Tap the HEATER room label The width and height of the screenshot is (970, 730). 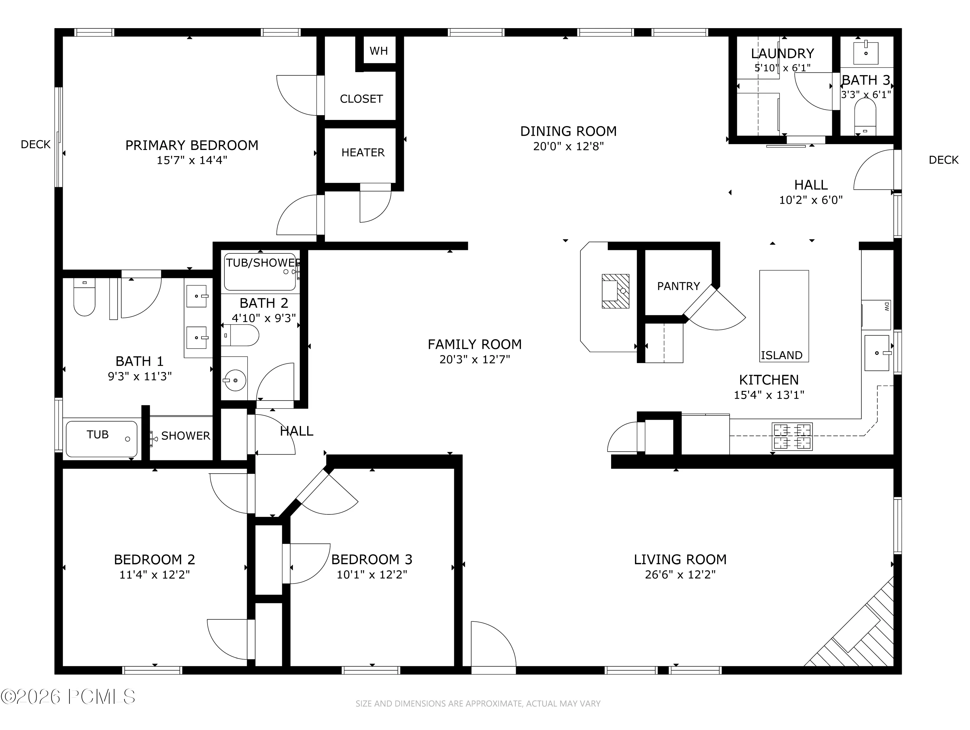pyautogui.click(x=363, y=153)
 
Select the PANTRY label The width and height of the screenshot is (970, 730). pyautogui.click(x=678, y=286)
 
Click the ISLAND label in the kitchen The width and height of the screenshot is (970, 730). pyautogui.click(x=781, y=355)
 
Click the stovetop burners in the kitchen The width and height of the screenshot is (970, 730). pyautogui.click(x=792, y=436)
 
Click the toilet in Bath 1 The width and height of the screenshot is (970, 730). pyautogui.click(x=84, y=297)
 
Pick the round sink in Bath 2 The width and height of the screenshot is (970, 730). pyautogui.click(x=235, y=380)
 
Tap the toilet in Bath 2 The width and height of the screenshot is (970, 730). pyautogui.click(x=240, y=335)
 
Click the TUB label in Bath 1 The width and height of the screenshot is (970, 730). pyautogui.click(x=97, y=435)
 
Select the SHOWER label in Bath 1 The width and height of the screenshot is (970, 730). pyautogui.click(x=186, y=436)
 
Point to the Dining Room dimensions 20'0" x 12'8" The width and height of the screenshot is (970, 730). pyautogui.click(x=568, y=146)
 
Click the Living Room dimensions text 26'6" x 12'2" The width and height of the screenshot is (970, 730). pyautogui.click(x=680, y=575)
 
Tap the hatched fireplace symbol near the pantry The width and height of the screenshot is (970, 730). pyautogui.click(x=615, y=291)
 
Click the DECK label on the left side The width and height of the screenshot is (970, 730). pyautogui.click(x=36, y=145)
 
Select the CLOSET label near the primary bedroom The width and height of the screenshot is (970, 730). pyautogui.click(x=361, y=99)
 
